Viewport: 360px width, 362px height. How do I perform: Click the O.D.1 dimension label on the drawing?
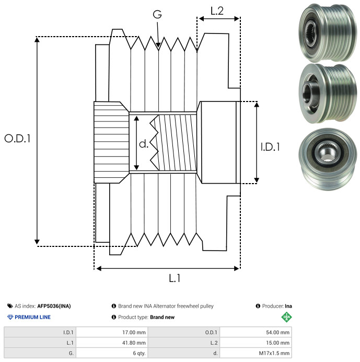pyautogui.click(x=17, y=139)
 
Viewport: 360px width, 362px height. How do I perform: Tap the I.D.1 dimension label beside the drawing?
pyautogui.click(x=270, y=147)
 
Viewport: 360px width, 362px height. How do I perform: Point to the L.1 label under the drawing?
pyautogui.click(x=175, y=278)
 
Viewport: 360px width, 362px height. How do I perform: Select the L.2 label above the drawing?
pyautogui.click(x=217, y=11)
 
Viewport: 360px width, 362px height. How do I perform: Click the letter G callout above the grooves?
pyautogui.click(x=157, y=14)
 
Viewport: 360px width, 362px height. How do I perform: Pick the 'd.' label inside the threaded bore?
pyautogui.click(x=144, y=144)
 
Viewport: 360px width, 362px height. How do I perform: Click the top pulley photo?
pyautogui.click(x=328, y=33)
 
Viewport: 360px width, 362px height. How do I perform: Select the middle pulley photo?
pyautogui.click(x=328, y=94)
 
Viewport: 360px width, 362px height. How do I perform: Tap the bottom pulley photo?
pyautogui.click(x=328, y=160)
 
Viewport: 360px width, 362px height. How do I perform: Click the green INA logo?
pyautogui.click(x=286, y=317)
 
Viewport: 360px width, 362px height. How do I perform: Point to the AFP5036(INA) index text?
pyautogui.click(x=54, y=306)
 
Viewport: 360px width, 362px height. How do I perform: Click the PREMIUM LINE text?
pyautogui.click(x=32, y=317)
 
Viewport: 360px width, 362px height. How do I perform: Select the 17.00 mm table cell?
pyautogui.click(x=112, y=333)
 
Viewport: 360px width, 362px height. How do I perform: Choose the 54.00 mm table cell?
pyautogui.click(x=256, y=333)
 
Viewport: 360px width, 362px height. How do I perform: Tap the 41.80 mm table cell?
pyautogui.click(x=112, y=343)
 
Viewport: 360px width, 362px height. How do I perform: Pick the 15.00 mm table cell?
pyautogui.click(x=256, y=343)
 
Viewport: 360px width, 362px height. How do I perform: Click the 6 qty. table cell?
pyautogui.click(x=112, y=353)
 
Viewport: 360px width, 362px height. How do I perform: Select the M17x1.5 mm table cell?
pyautogui.click(x=256, y=353)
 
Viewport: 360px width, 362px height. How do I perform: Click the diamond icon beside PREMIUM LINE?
pyautogui.click(x=10, y=317)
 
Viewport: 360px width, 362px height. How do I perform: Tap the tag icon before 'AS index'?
pyautogui.click(x=10, y=306)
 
